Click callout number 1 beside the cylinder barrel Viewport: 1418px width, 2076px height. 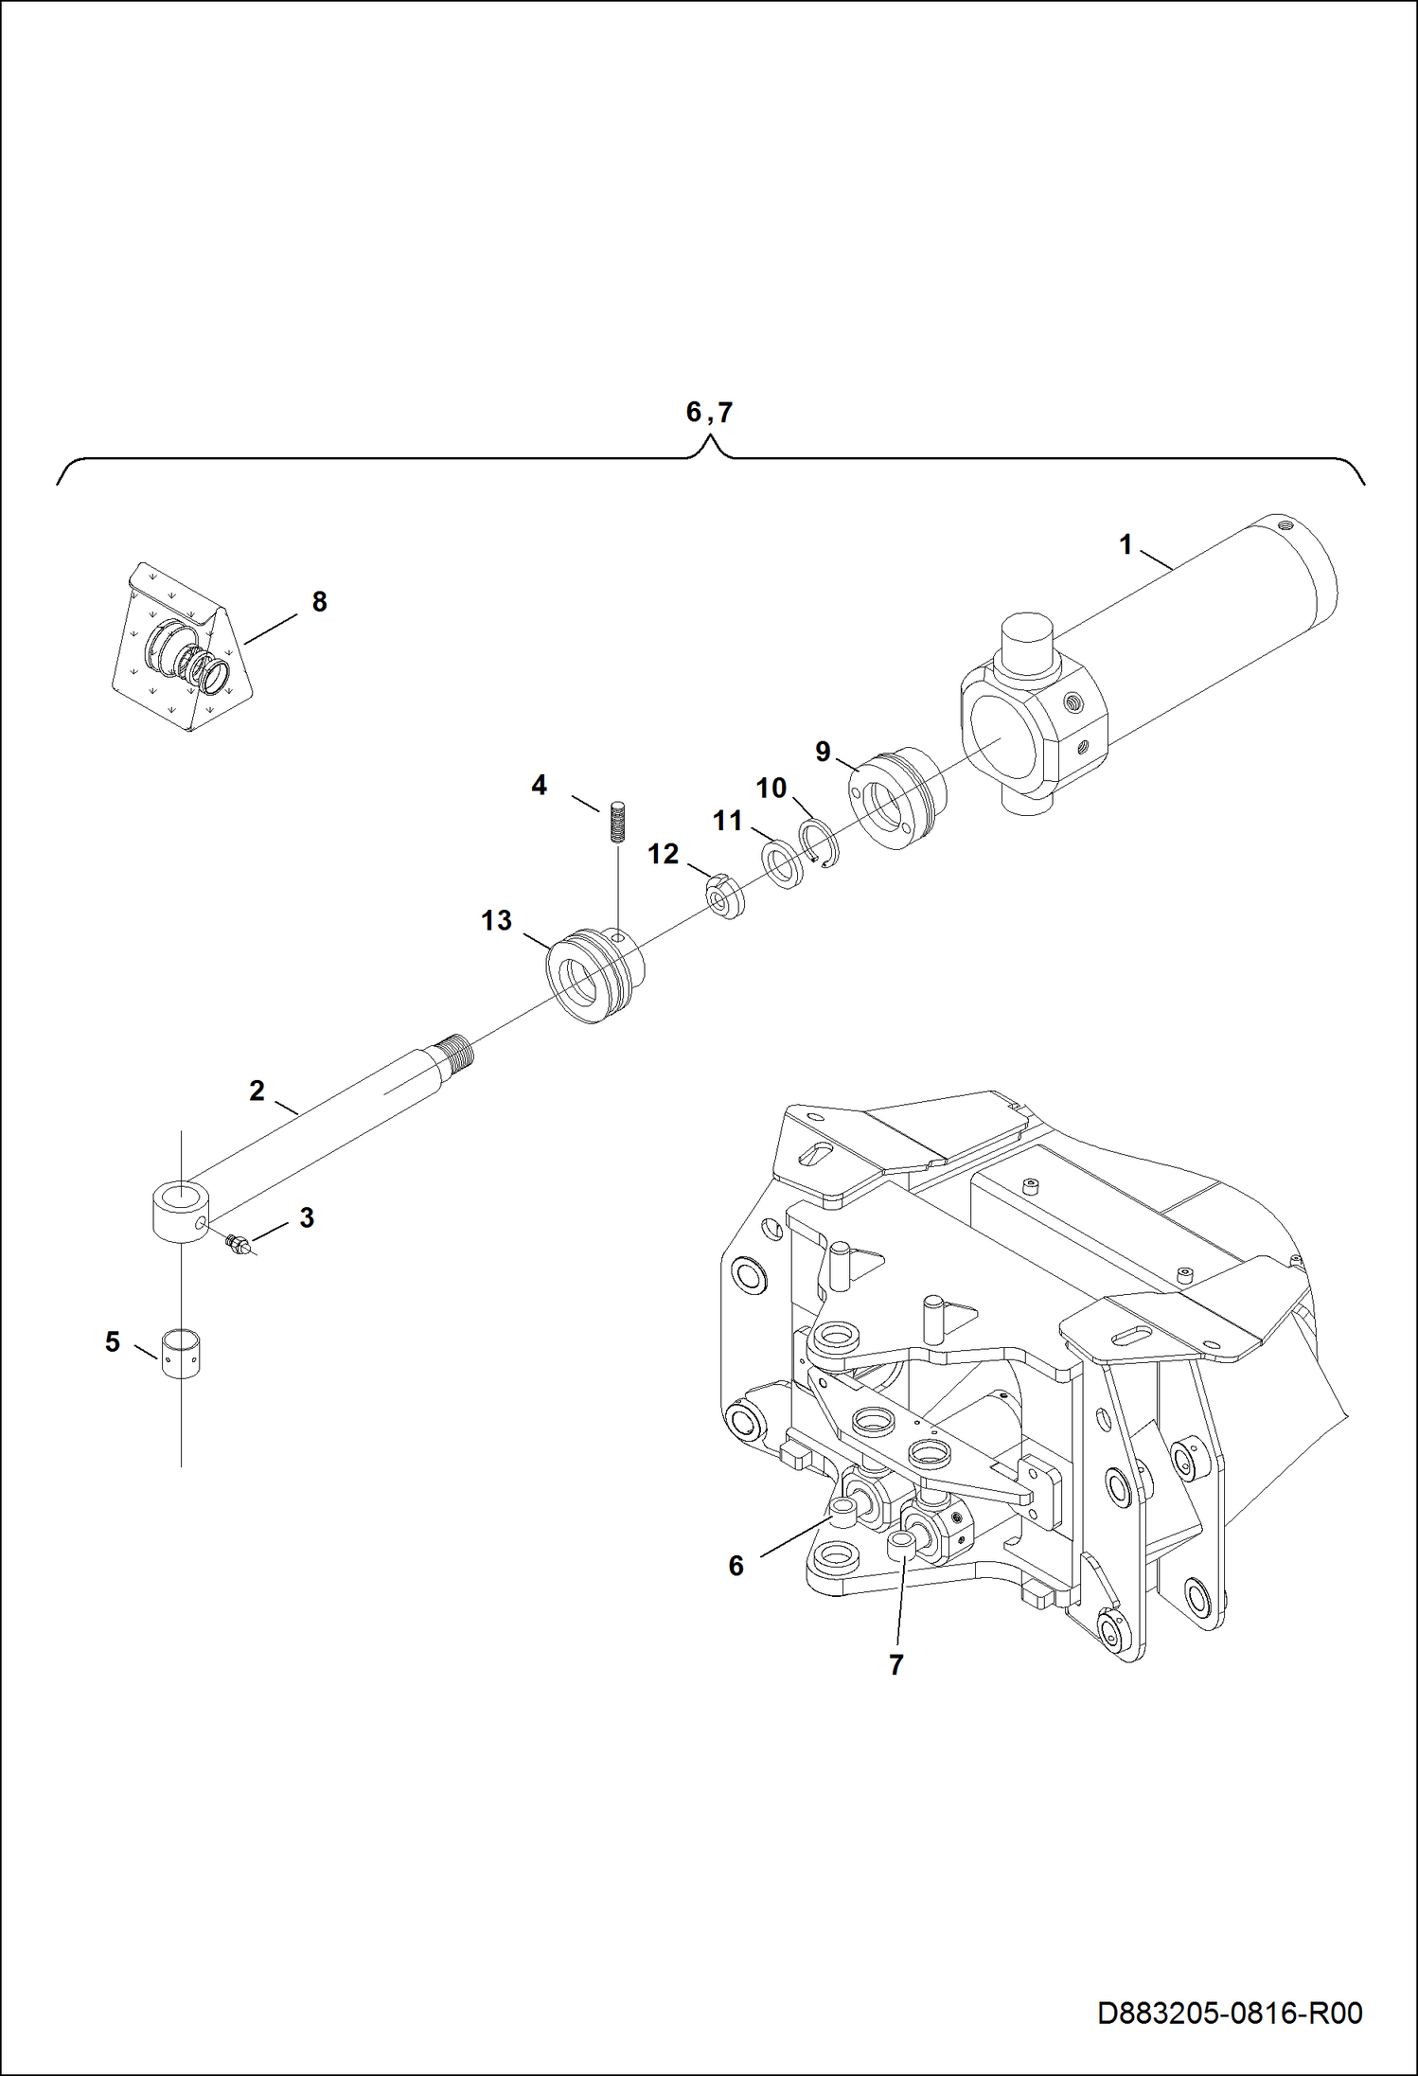click(1126, 545)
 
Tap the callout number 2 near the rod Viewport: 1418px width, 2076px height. click(257, 1091)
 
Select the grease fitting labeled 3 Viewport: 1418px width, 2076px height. click(238, 1244)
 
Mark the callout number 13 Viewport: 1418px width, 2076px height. click(496, 920)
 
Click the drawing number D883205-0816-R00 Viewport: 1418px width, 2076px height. click(1229, 2013)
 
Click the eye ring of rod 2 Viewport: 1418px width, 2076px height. click(180, 1207)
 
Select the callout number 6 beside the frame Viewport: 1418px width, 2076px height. click(736, 1566)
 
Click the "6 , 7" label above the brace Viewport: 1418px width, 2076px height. click(708, 413)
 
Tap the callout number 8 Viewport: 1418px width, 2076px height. click(319, 602)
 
